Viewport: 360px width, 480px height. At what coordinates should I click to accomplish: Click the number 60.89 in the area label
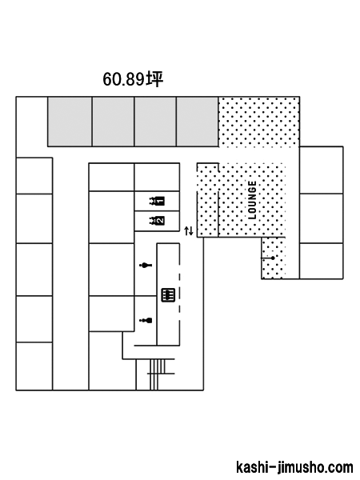pyautogui.click(x=123, y=79)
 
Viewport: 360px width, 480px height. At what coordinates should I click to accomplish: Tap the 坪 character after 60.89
pyautogui.click(x=154, y=79)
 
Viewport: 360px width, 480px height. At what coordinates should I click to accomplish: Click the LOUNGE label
pyautogui.click(x=252, y=200)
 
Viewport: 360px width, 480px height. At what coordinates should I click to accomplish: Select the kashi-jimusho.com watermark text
pyautogui.click(x=294, y=467)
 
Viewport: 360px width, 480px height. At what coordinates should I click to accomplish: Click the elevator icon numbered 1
pyautogui.click(x=157, y=201)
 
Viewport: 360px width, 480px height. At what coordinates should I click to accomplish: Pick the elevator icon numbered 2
pyautogui.click(x=157, y=221)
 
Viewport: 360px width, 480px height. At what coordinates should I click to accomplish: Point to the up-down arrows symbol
pyautogui.click(x=189, y=231)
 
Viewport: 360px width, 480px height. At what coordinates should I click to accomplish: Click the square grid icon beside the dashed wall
pyautogui.click(x=168, y=294)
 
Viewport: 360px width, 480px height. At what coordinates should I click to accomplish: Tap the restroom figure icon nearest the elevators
pyautogui.click(x=146, y=265)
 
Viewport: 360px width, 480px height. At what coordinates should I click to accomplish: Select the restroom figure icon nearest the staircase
pyautogui.click(x=146, y=321)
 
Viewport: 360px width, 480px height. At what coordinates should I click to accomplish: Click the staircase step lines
pyautogui.click(x=158, y=374)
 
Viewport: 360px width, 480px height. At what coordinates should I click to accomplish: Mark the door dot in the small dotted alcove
pyautogui.click(x=273, y=258)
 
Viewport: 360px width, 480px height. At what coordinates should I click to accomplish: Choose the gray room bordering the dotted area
pyautogui.click(x=197, y=122)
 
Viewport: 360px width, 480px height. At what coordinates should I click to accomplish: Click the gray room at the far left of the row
pyautogui.click(x=70, y=122)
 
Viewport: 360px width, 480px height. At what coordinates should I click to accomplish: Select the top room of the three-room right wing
pyautogui.click(x=321, y=170)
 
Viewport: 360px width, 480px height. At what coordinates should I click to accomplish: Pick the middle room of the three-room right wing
pyautogui.click(x=321, y=218)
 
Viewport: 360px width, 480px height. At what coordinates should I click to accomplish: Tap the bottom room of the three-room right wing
pyautogui.click(x=321, y=261)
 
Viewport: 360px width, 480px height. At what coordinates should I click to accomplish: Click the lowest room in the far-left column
pyautogui.click(x=34, y=366)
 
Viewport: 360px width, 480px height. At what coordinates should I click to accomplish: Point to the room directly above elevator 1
pyautogui.click(x=157, y=178)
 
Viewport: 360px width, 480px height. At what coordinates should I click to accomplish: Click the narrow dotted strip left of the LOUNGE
pyautogui.click(x=207, y=200)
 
